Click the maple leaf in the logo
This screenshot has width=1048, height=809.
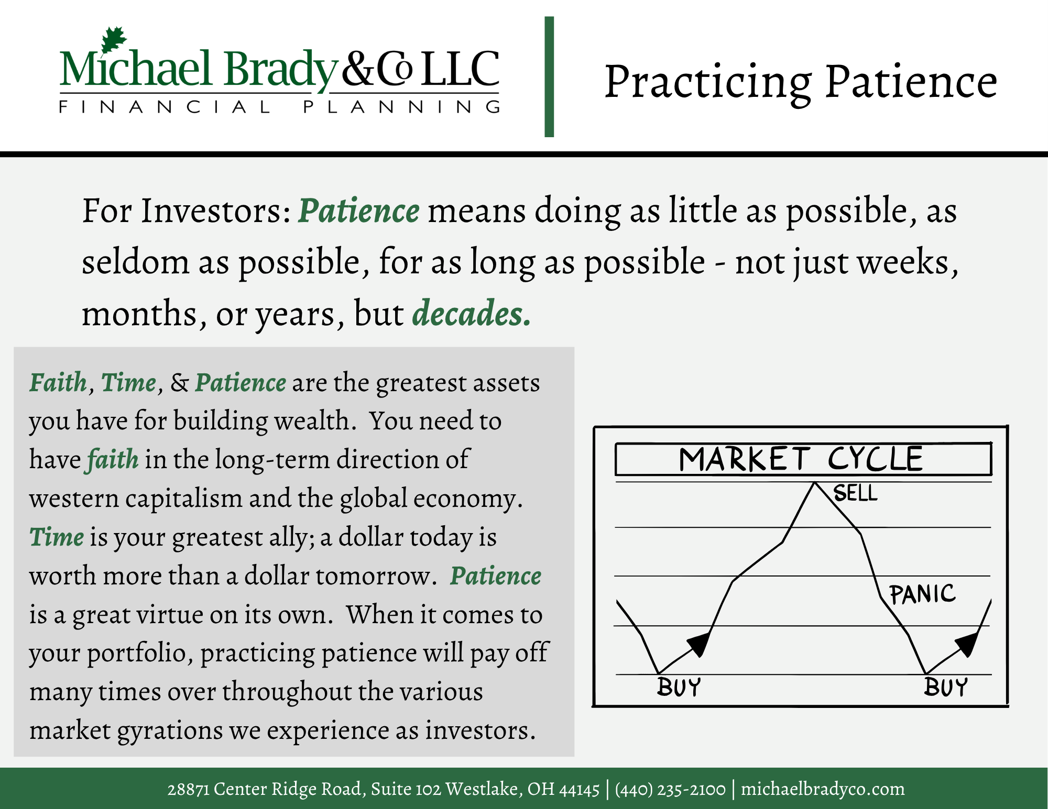[x=114, y=39]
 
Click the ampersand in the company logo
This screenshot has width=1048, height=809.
[x=358, y=69]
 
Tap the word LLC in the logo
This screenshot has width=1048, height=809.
[x=460, y=69]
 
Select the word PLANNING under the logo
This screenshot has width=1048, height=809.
[x=402, y=107]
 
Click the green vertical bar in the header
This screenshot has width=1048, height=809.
[x=549, y=77]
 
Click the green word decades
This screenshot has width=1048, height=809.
[x=472, y=313]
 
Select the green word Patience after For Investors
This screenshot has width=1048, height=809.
[x=359, y=210]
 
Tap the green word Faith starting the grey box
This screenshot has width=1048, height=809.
[x=58, y=382]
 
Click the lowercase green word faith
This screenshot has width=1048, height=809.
[x=113, y=459]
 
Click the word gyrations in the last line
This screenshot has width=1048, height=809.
[x=170, y=731]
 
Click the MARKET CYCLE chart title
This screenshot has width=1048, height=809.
[x=801, y=459]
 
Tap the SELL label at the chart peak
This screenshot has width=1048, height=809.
[x=855, y=493]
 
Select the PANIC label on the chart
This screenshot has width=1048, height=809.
[x=923, y=594]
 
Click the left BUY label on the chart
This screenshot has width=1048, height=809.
[x=679, y=687]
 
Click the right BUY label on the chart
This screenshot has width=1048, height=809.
[x=946, y=687]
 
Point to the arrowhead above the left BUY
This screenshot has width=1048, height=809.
[x=699, y=644]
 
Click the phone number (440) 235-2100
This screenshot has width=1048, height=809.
[x=670, y=789]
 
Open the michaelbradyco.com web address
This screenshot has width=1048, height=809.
[x=823, y=789]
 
